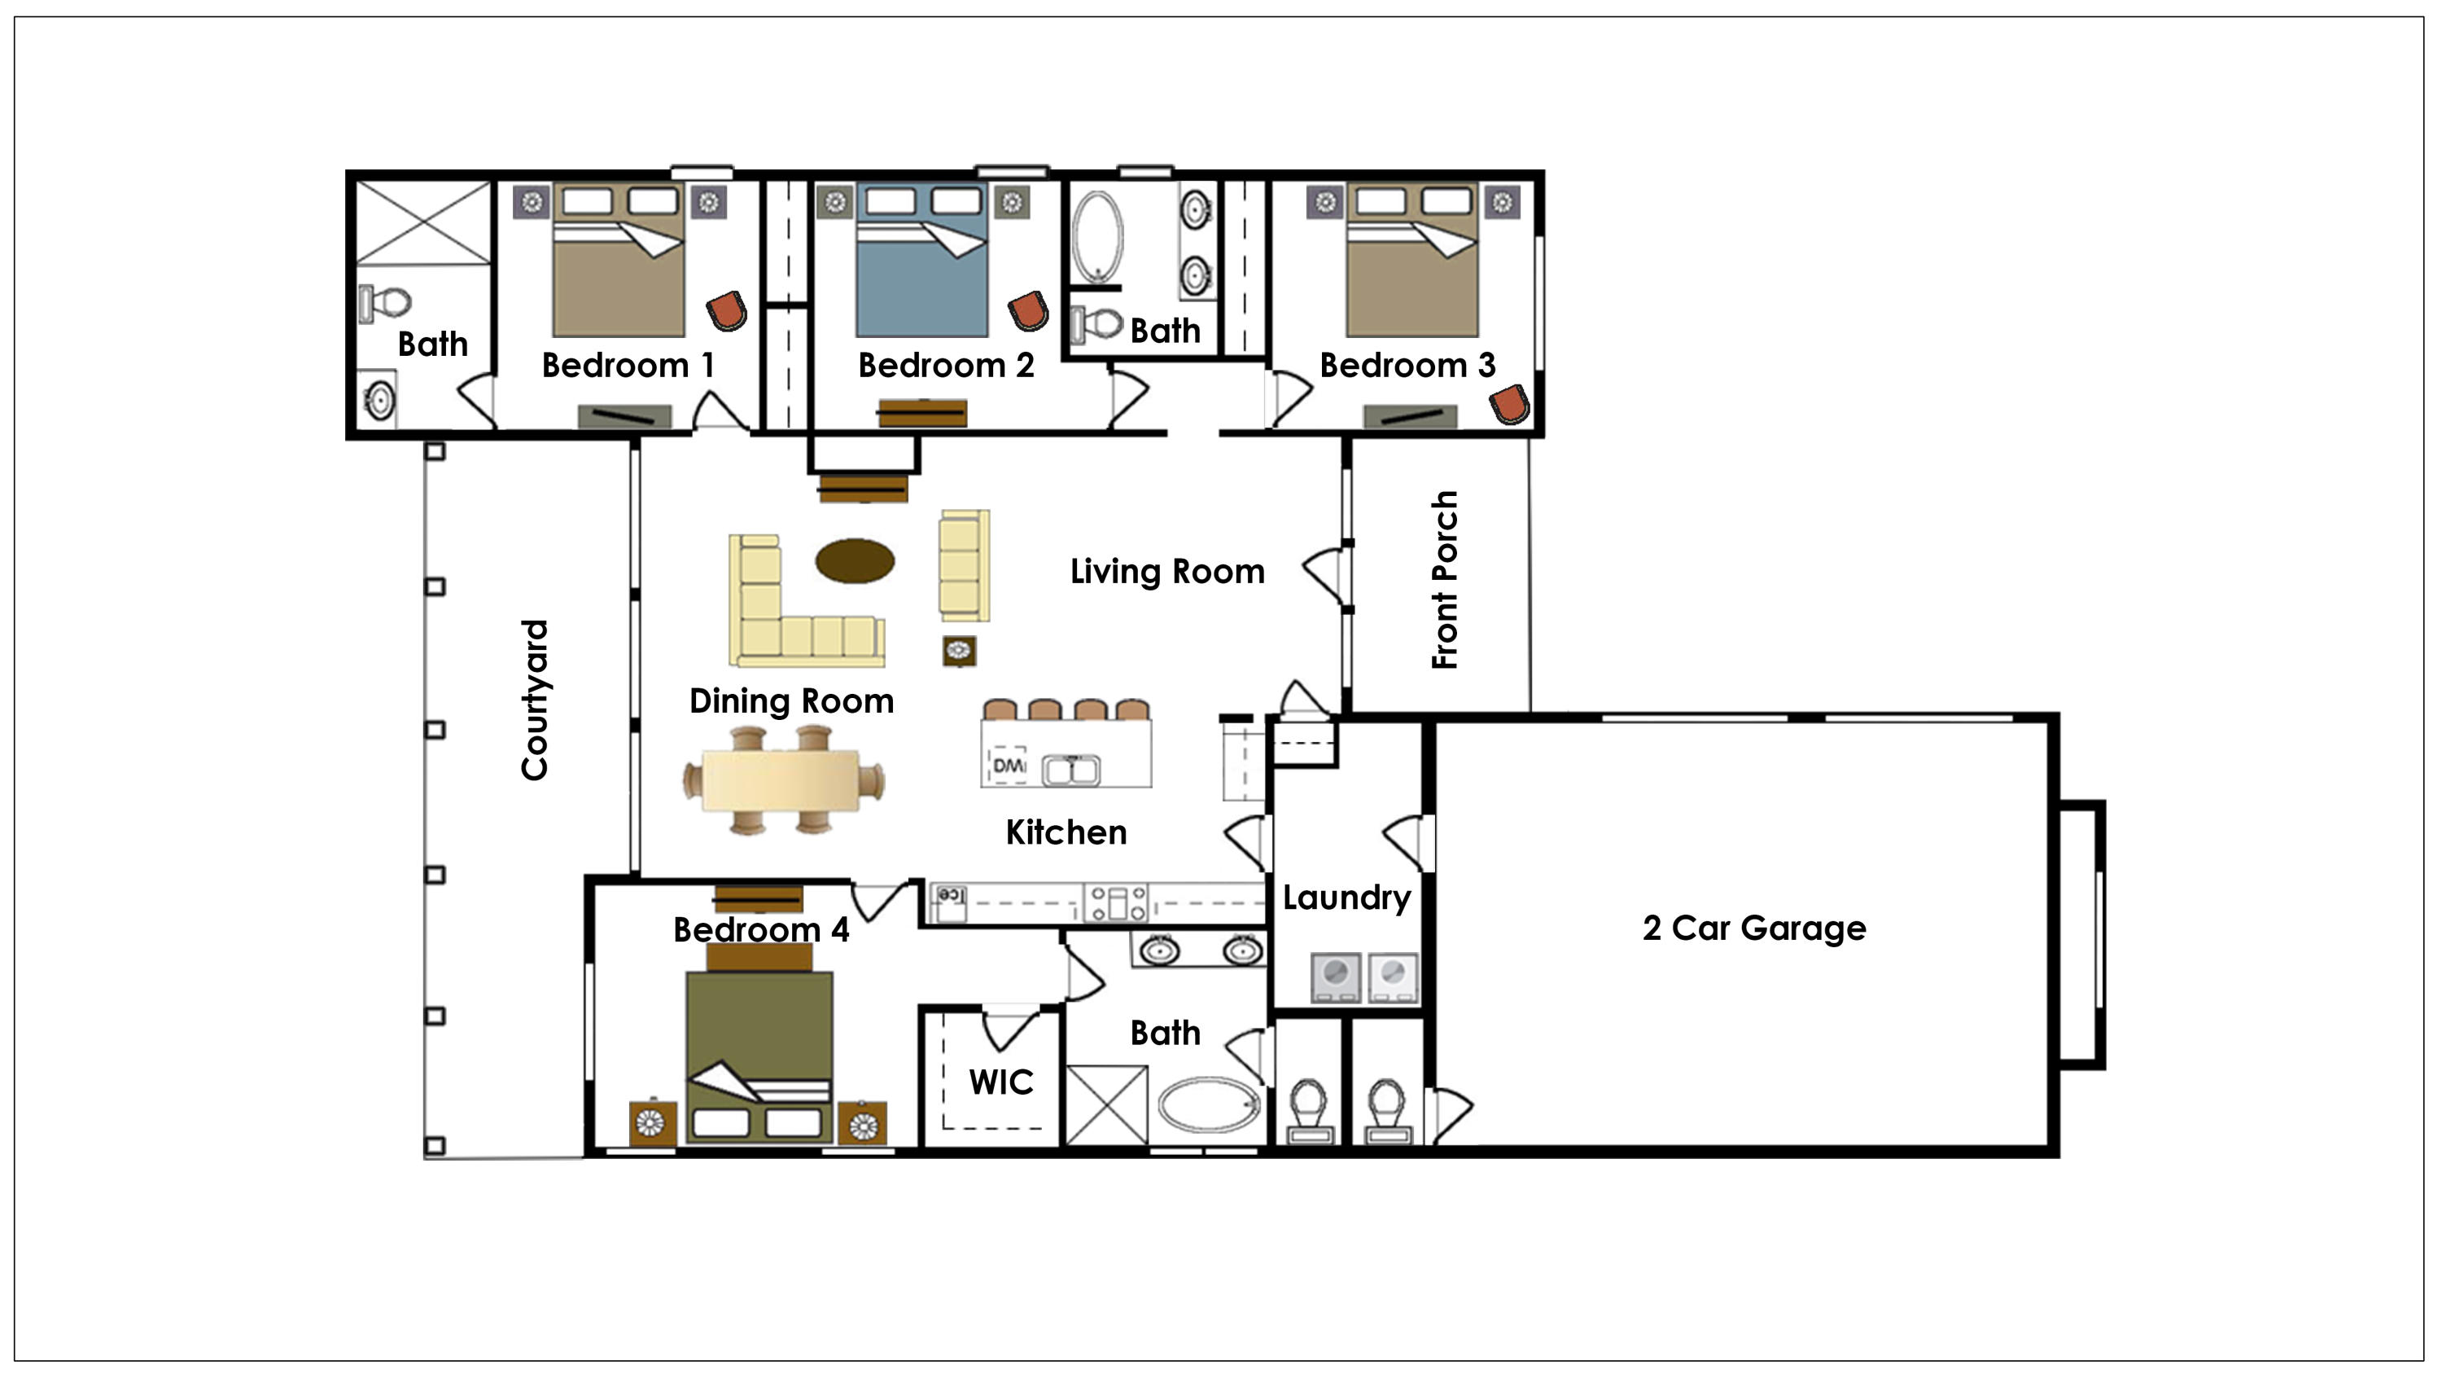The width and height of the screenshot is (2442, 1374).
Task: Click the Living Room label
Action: (1167, 572)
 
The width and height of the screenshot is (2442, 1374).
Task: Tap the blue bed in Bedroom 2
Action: (921, 275)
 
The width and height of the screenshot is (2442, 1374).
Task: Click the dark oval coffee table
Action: (854, 560)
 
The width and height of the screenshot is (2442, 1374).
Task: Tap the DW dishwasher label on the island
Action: (1008, 764)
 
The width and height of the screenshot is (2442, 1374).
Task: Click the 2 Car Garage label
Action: (1754, 928)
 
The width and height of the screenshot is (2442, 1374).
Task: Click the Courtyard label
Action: (536, 700)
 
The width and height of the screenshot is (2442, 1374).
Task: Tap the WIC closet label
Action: (1000, 1082)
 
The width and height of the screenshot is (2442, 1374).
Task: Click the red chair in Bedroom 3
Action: (1509, 405)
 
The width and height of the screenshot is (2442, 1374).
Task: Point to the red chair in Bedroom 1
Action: (727, 311)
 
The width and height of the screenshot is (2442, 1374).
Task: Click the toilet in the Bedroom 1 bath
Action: (387, 304)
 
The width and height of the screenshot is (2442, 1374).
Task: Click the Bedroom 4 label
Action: (760, 930)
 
